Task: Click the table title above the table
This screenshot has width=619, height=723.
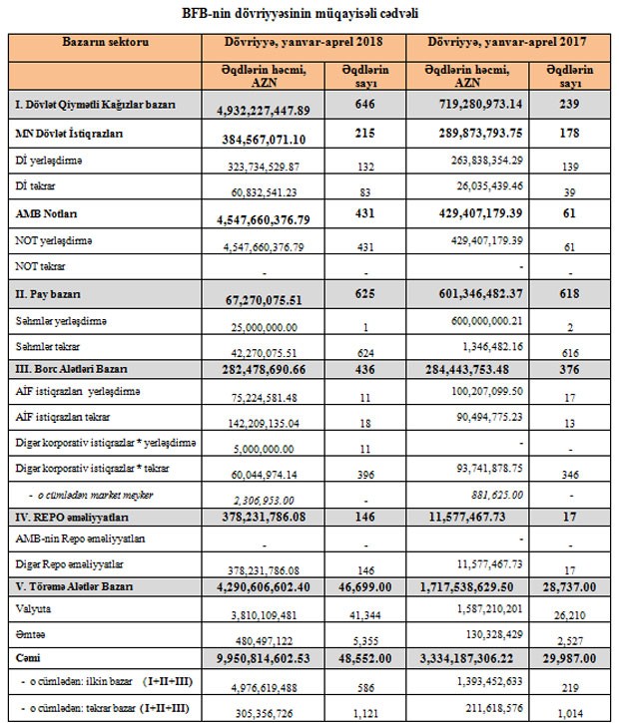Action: pos(309,15)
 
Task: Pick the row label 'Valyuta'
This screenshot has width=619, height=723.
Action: pos(33,607)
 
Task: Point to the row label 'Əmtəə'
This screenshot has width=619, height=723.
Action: pos(31,635)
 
